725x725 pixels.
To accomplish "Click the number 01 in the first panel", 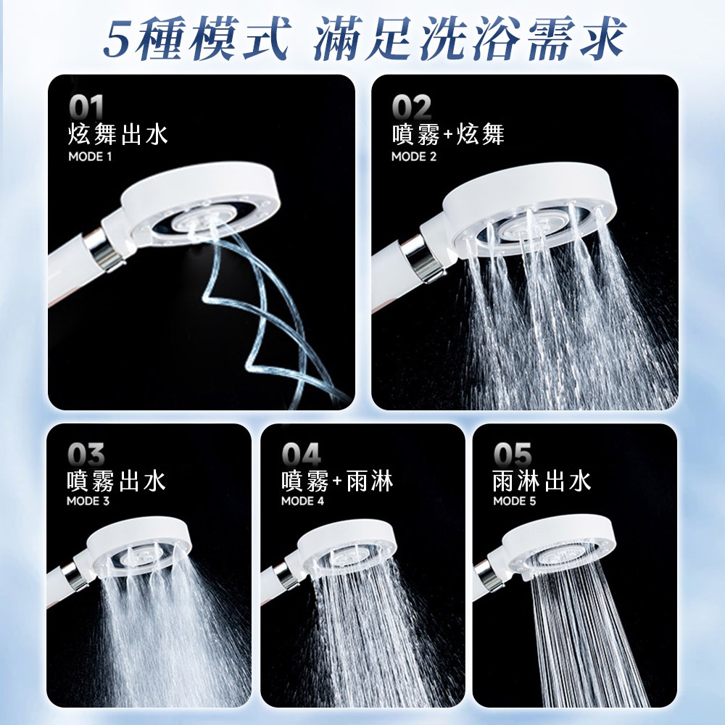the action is coord(86,108).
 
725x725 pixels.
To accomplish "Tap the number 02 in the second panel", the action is coord(412,108).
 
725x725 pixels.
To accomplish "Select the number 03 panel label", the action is coord(86,454).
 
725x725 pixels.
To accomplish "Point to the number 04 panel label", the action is coord(301,454).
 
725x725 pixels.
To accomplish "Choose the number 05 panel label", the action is coord(513,454).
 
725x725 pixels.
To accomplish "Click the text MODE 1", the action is coord(90,157).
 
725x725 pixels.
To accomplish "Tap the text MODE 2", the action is coord(414,157).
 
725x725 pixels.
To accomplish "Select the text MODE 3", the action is coord(88,501).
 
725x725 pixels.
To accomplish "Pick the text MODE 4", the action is coord(303,501).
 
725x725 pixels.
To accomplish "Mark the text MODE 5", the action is coord(515,501).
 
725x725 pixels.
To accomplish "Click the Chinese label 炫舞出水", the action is coord(118,135).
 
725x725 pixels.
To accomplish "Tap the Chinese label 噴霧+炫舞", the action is coord(448,135).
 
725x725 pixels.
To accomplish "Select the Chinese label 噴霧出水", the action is coord(116,481).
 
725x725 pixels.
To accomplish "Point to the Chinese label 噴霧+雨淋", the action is coord(338,481).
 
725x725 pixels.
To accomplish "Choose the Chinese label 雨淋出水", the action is coord(542,481).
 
